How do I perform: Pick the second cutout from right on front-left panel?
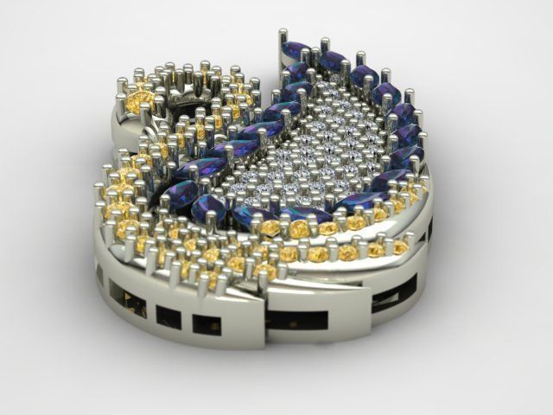coord(168,317)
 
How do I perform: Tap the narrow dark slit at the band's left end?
coord(98,274)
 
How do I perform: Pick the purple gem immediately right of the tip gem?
coord(332,61)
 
